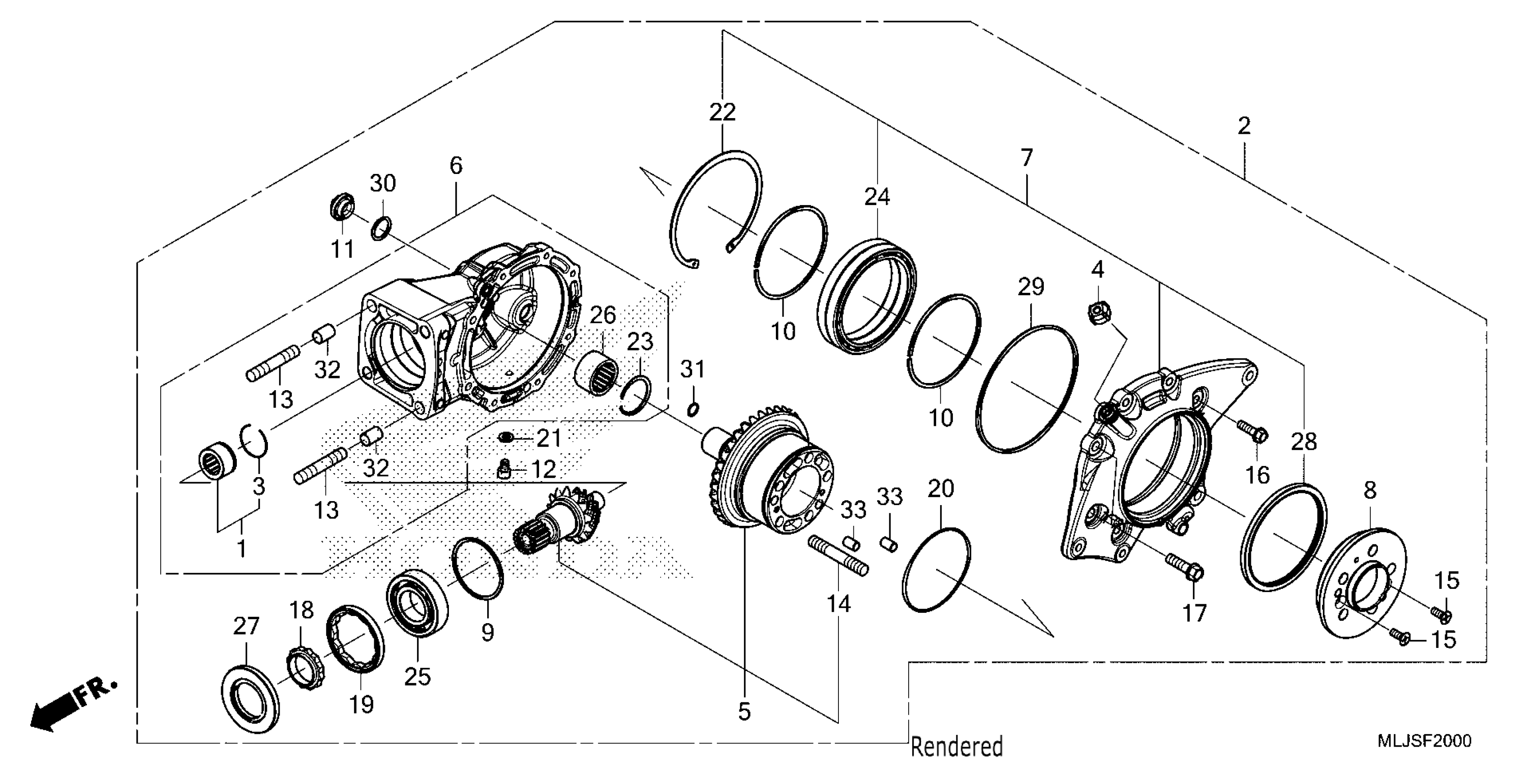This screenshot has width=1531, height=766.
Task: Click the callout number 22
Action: point(722,112)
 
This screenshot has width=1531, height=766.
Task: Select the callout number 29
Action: point(1031,287)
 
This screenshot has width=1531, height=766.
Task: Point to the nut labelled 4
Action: point(1097,312)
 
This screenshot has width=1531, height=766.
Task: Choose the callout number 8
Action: point(1370,491)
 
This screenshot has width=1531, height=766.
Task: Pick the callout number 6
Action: point(456,165)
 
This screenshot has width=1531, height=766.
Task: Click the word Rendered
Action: point(956,746)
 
